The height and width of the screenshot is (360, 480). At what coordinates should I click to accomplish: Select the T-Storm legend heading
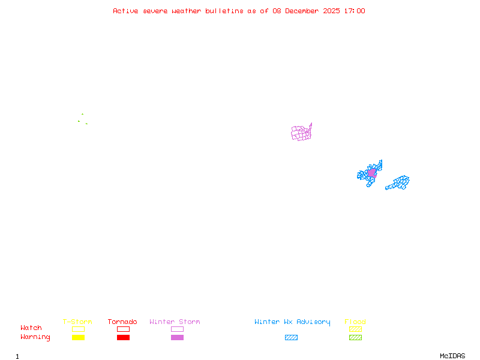[77, 322]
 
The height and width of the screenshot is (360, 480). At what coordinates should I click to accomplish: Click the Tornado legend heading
[122, 322]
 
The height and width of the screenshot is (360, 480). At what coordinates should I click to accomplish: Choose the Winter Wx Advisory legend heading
[292, 322]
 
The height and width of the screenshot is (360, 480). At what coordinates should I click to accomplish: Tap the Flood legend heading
[355, 322]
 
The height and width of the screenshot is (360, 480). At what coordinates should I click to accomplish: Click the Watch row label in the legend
[31, 328]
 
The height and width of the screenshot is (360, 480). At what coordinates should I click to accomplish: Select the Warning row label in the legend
[35, 337]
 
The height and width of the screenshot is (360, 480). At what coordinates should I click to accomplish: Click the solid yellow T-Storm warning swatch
[78, 338]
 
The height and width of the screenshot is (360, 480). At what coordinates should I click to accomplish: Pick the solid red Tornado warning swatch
[123, 338]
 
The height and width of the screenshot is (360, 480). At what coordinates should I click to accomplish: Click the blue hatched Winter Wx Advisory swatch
[291, 338]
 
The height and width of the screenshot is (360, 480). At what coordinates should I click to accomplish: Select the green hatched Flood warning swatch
[355, 338]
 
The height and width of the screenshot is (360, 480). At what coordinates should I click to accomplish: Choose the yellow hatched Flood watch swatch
[355, 329]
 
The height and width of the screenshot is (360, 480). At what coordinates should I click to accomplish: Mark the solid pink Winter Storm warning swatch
[177, 338]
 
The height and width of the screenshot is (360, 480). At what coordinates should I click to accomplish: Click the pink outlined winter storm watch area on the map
[301, 133]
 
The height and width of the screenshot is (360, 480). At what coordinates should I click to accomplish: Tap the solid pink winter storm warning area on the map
[372, 173]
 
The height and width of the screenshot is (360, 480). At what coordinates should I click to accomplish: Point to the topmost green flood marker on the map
[82, 114]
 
